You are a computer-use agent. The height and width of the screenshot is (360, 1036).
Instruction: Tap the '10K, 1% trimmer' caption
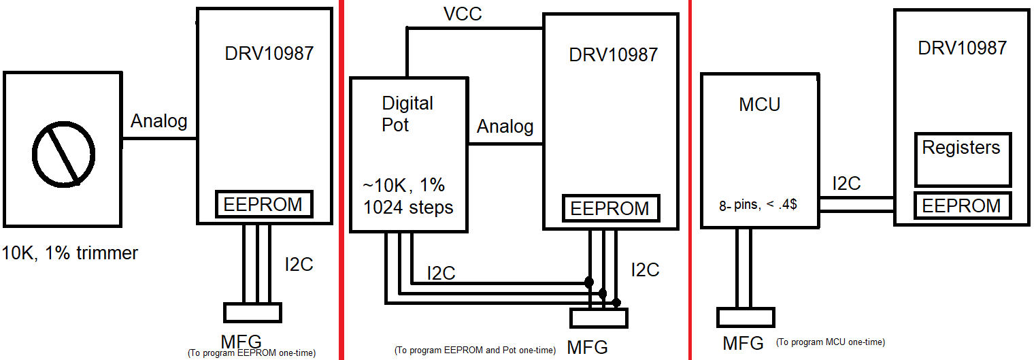(70, 253)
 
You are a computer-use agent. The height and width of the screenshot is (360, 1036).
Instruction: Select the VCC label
(463, 14)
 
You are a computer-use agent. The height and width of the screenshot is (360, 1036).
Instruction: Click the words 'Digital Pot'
(407, 114)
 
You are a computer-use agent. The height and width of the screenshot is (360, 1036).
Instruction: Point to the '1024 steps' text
(408, 208)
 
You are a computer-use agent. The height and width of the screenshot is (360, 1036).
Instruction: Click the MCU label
(759, 105)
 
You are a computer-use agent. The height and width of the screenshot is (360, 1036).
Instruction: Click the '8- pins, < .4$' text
(758, 205)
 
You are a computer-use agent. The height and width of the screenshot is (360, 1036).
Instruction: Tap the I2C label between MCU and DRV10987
(846, 184)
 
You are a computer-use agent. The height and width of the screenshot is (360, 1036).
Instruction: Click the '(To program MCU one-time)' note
(830, 342)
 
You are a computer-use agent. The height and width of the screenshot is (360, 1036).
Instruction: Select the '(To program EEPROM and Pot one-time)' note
(475, 350)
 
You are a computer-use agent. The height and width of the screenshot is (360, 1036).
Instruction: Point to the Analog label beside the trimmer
(158, 121)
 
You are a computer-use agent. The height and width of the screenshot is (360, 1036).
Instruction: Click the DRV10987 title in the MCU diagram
(962, 48)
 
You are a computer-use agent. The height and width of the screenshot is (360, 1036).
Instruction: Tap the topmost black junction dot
(589, 282)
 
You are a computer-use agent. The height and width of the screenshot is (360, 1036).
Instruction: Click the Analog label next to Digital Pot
(505, 127)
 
